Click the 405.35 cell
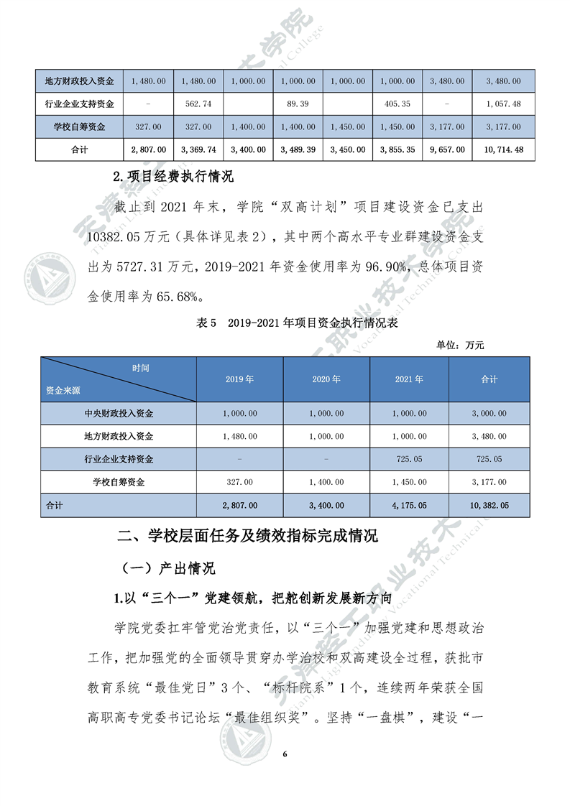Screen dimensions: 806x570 397,104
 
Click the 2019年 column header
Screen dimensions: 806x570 240,379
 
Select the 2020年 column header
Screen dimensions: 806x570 326,379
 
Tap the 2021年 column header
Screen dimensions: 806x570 409,379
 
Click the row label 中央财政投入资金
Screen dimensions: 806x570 119,413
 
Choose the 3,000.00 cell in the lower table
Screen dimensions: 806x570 489,413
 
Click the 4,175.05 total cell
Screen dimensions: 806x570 409,505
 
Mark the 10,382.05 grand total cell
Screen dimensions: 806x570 489,505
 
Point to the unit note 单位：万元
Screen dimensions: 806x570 460,345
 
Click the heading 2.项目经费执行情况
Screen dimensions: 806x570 174,175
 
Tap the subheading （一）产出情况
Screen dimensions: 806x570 167,568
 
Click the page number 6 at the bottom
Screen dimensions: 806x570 285,754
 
